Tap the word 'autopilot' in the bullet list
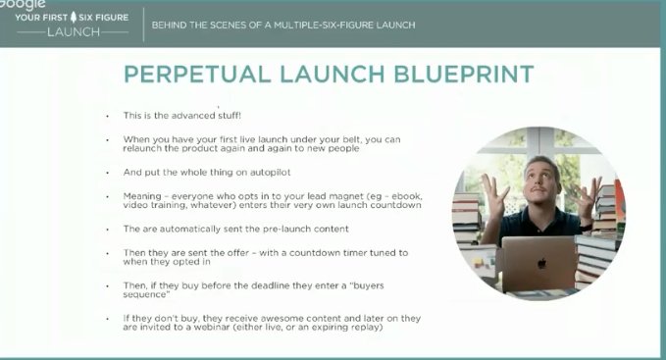255,172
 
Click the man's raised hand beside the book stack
589,196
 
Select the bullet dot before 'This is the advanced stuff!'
107,117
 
